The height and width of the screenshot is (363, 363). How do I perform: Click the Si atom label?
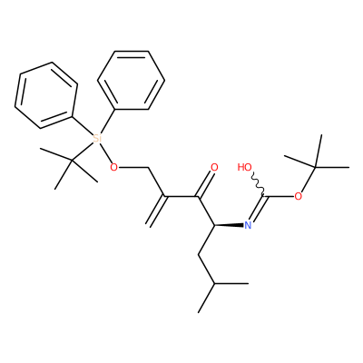pos(96,139)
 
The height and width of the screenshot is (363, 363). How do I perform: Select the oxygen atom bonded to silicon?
pos(113,167)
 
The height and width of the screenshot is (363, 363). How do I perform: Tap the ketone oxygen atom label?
pos(214,167)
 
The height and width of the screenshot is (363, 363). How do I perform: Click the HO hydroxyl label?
pos(244,167)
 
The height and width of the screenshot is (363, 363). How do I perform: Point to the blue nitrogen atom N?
pos(248,225)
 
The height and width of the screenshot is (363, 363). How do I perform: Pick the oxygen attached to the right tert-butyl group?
pos(299,197)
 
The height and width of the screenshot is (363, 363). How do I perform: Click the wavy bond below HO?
pos(258,184)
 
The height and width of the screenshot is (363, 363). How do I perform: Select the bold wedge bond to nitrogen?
pos(229,225)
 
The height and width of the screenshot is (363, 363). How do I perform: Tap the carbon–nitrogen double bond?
pos(257,210)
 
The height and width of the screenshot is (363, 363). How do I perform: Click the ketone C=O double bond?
pos(206,183)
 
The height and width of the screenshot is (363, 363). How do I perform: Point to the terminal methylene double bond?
pos(157,211)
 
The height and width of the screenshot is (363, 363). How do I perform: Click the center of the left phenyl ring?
pos(46,95)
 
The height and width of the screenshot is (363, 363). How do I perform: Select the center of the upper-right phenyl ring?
pos(132,80)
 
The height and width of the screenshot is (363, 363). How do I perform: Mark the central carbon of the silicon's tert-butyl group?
pos(72,161)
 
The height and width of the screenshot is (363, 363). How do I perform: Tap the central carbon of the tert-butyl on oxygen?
pos(315,167)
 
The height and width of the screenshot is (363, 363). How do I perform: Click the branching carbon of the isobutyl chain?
pos(214,284)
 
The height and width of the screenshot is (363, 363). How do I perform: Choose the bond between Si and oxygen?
pos(105,152)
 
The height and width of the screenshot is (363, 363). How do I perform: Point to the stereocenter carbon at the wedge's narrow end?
pos(214,225)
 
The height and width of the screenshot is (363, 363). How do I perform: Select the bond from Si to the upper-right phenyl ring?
pos(107,122)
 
